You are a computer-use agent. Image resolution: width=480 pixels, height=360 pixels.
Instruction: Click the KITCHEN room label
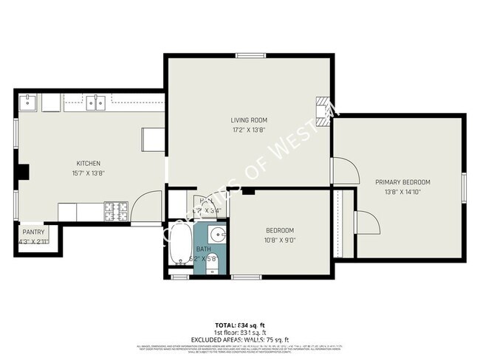(88, 163)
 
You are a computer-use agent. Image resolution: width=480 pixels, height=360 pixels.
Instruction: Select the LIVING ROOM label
(248, 120)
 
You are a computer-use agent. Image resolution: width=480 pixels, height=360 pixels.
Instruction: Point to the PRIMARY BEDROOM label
(402, 182)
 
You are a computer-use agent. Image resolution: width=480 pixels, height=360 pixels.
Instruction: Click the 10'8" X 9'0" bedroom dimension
(280, 239)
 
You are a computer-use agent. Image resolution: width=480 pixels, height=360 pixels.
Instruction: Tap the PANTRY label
(33, 232)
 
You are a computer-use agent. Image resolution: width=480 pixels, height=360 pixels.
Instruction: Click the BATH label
(203, 249)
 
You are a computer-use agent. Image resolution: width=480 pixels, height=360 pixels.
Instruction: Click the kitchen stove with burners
(116, 212)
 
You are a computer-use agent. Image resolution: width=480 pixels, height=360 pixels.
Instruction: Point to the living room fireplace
(322, 108)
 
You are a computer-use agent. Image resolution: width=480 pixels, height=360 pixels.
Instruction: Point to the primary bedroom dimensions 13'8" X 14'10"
(402, 192)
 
